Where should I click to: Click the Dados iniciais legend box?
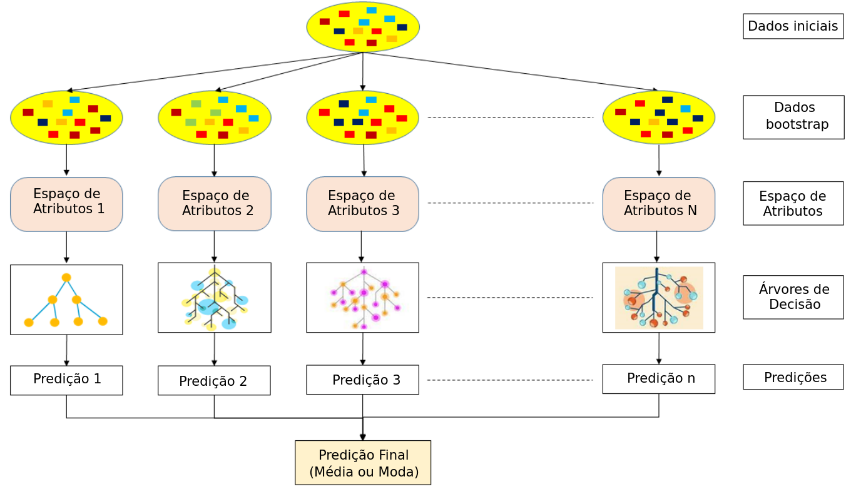[793, 26]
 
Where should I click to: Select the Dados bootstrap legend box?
[793, 117]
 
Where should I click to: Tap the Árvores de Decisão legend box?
[793, 297]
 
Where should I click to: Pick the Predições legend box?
[793, 377]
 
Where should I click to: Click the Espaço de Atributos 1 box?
[66, 204]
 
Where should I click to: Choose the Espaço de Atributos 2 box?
[214, 204]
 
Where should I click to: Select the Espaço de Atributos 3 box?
[362, 204]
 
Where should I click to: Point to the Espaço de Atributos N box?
[658, 204]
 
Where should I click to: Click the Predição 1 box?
[66, 380]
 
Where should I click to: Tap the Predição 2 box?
[214, 381]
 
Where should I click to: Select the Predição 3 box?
[362, 380]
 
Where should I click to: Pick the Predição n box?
[658, 379]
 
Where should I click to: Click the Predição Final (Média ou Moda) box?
[363, 463]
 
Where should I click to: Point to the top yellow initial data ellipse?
[363, 28]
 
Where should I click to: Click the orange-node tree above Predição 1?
[66, 300]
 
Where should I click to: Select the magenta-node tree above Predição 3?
[362, 298]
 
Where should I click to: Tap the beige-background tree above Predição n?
[658, 298]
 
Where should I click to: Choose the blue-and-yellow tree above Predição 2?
[214, 298]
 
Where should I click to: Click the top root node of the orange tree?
[66, 277]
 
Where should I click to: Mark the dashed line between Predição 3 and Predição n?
[510, 380]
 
